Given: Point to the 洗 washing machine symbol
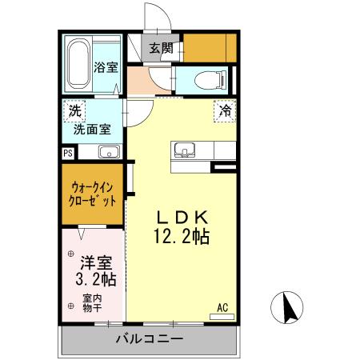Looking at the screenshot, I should coord(74,110).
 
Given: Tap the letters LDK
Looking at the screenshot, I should coord(182,217).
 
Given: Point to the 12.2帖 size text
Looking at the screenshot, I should coord(182,238).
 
